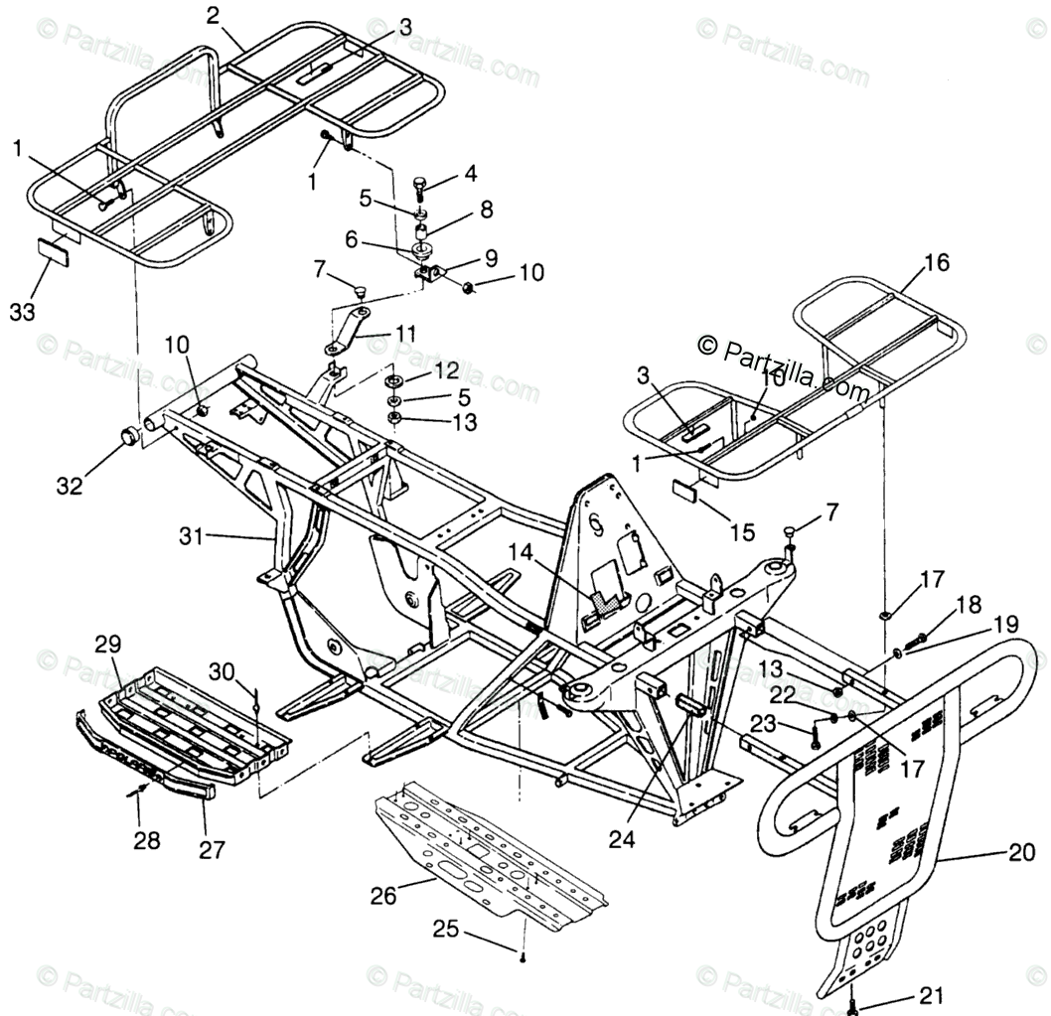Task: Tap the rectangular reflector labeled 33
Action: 59,248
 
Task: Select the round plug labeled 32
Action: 130,436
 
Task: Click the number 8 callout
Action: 486,211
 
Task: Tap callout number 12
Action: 446,370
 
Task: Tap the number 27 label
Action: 211,849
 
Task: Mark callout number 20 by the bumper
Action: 1022,851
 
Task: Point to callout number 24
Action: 621,838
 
